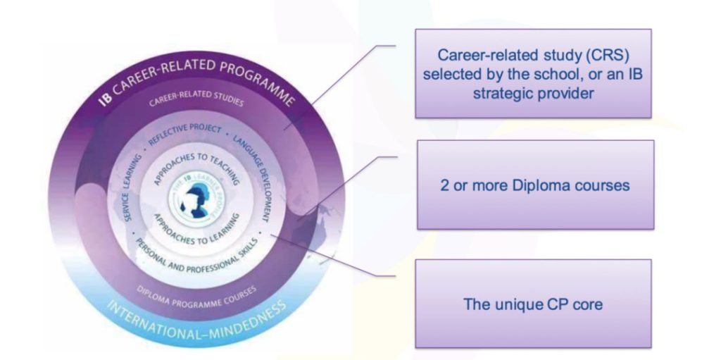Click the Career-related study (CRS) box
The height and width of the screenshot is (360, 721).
click(533, 73)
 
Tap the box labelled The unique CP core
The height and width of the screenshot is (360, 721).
click(533, 304)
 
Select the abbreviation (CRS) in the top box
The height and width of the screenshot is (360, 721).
click(592, 54)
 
